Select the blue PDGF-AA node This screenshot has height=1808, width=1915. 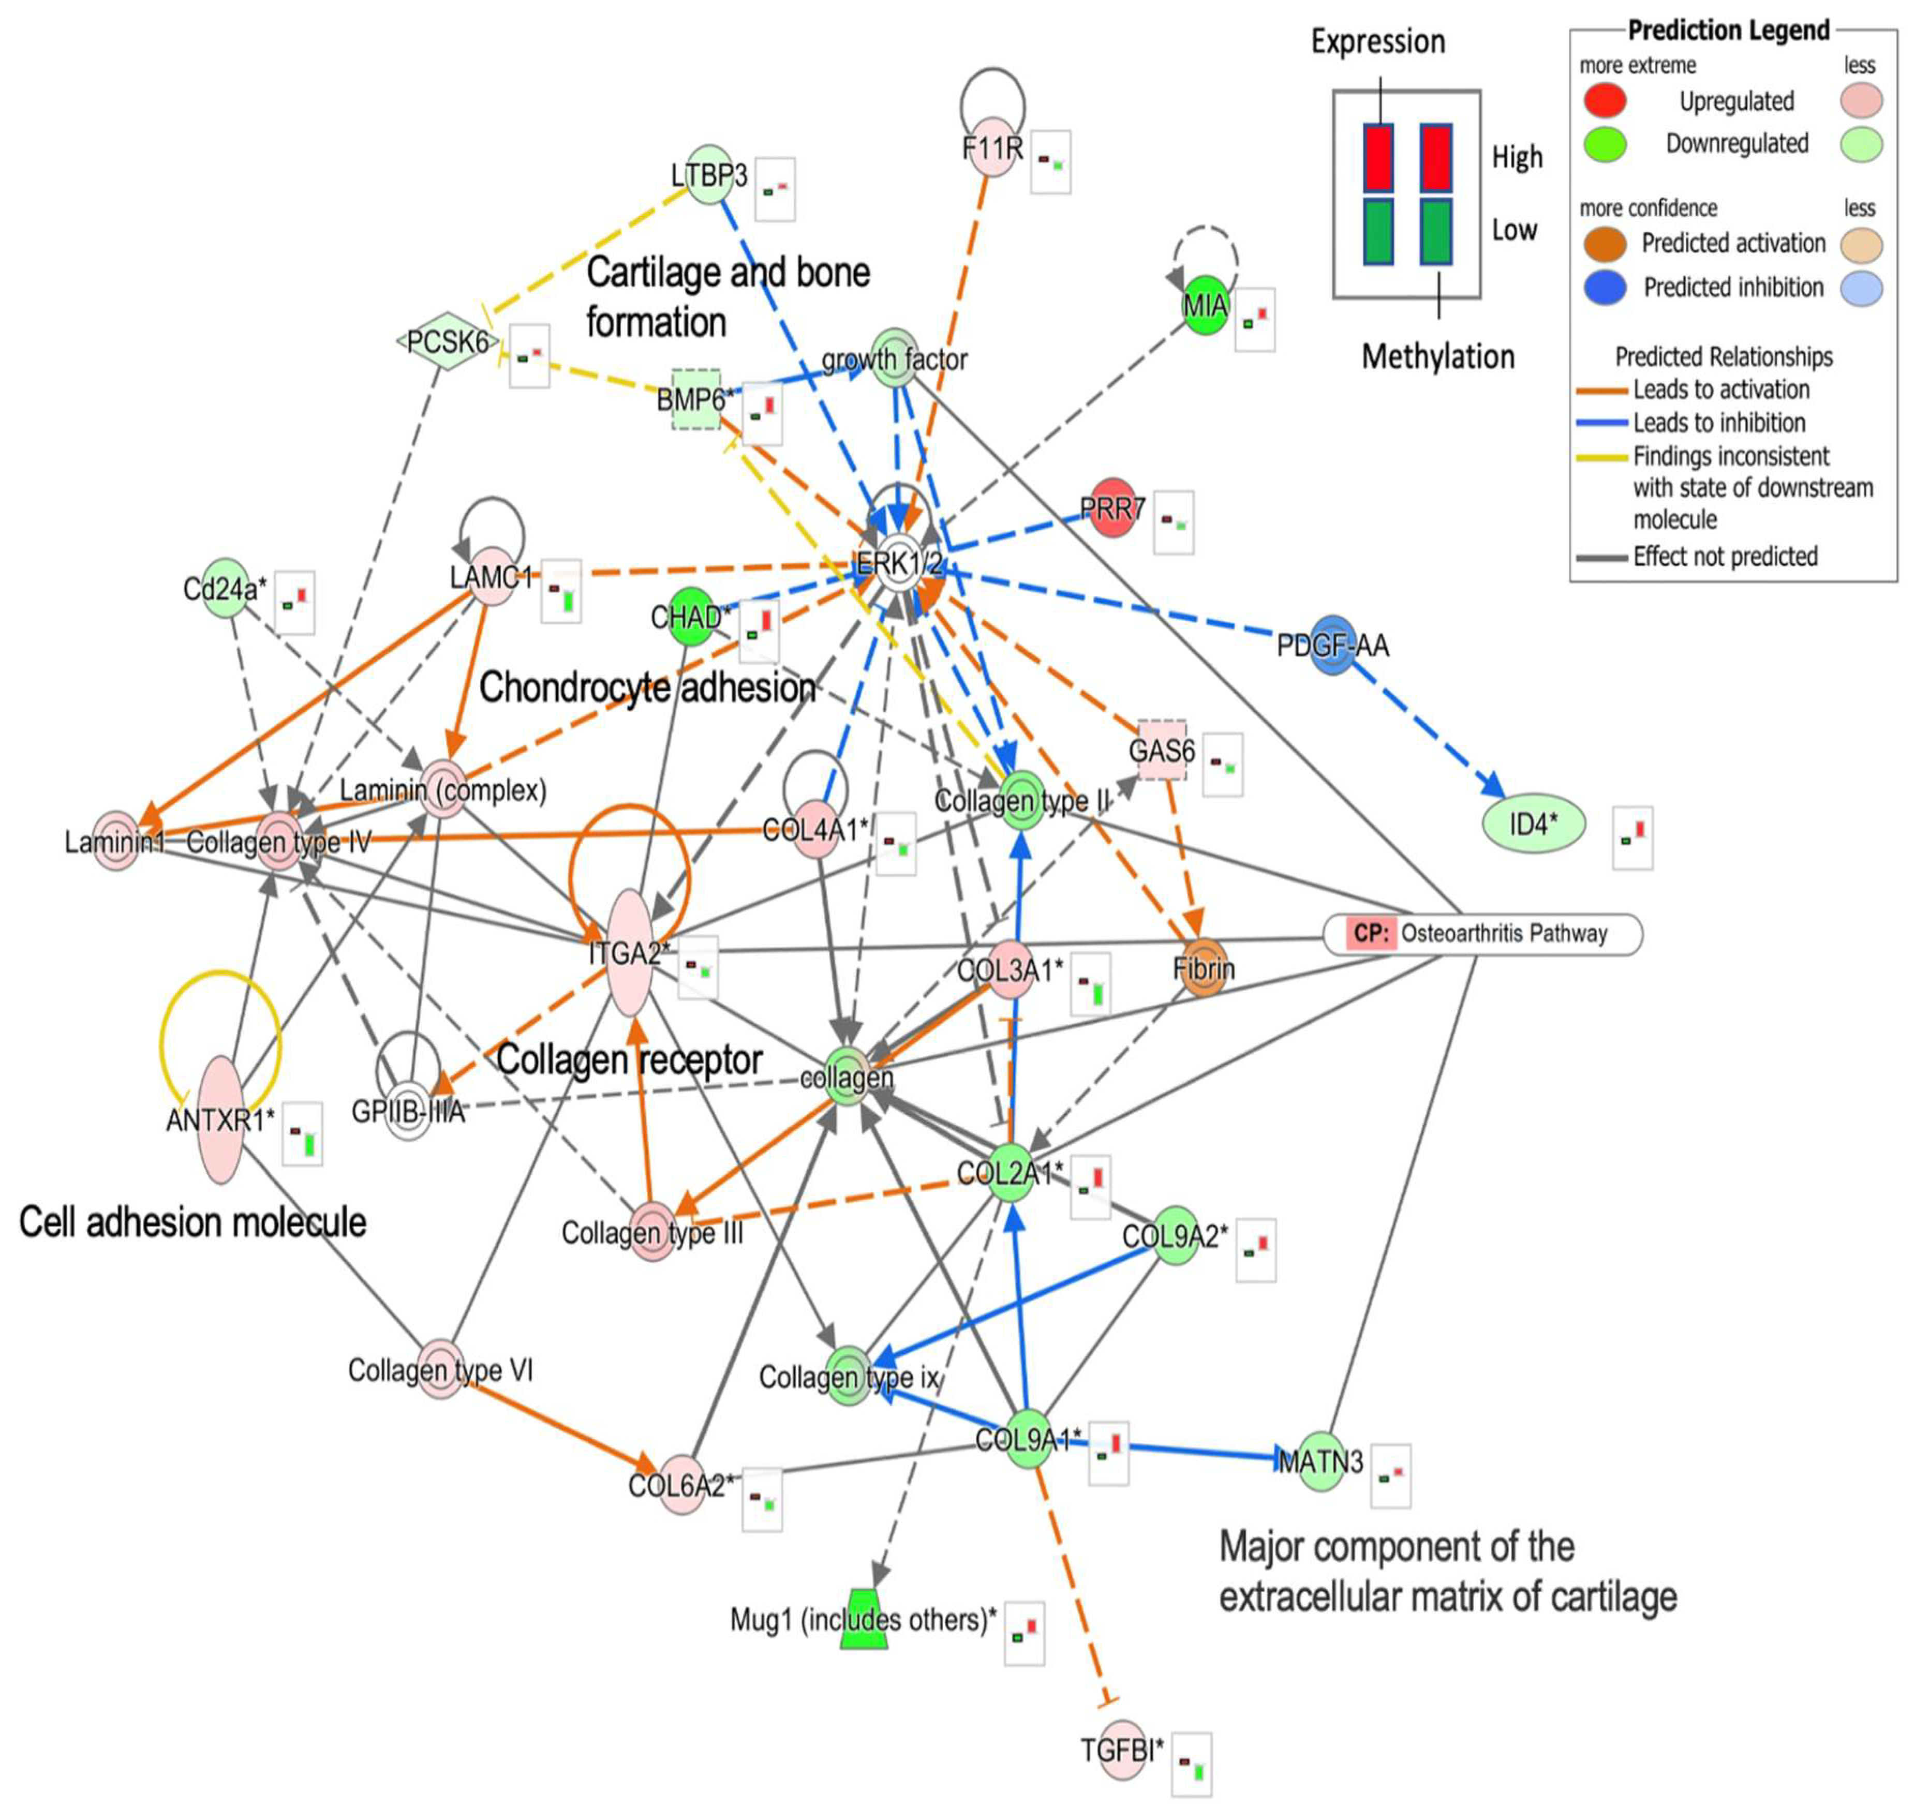pos(1333,645)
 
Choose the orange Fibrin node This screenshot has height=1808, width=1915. pos(1204,967)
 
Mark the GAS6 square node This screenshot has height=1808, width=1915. pos(1161,750)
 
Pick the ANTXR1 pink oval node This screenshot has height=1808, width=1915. pos(220,1119)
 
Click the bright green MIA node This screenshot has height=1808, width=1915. pos(1205,306)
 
